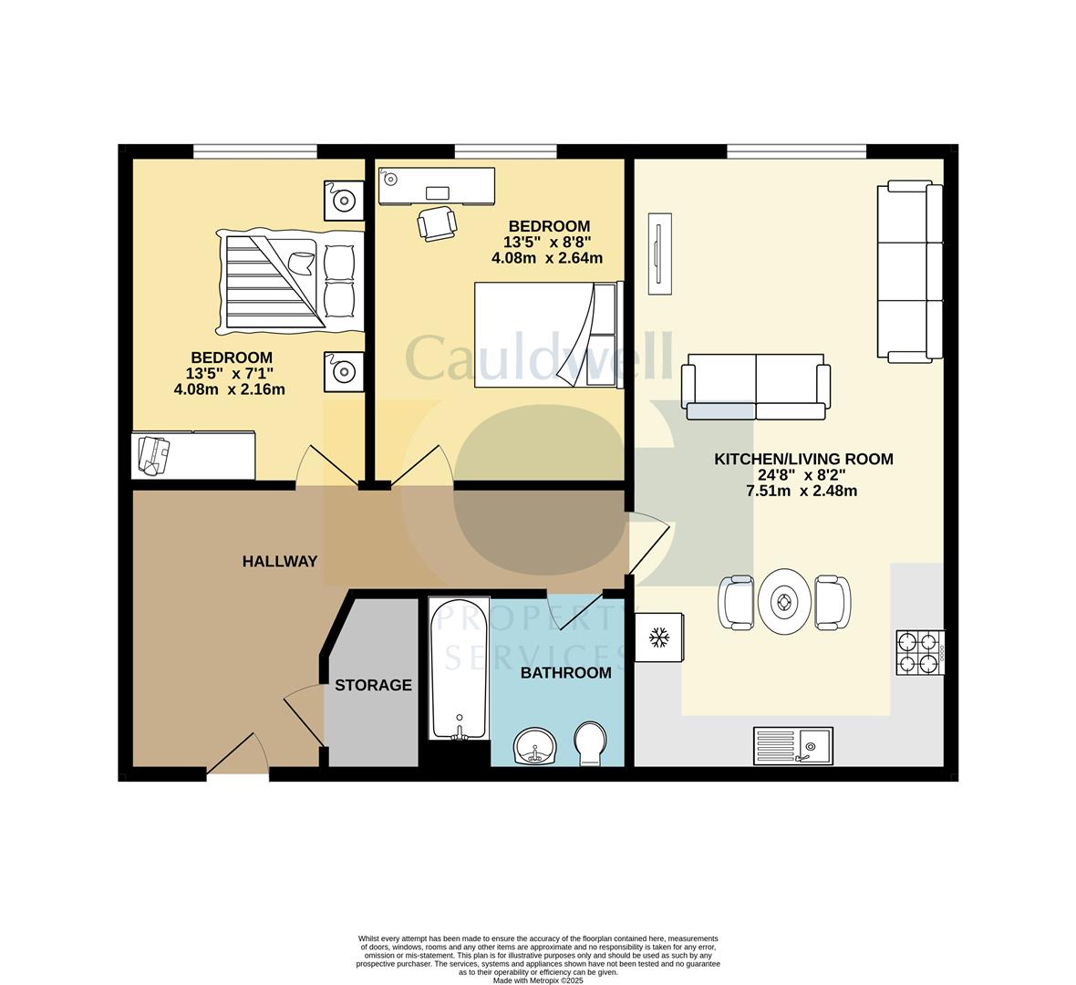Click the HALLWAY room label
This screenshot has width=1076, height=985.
coord(279,562)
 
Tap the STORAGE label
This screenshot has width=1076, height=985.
coord(373,685)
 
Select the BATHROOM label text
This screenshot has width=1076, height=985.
coord(565,673)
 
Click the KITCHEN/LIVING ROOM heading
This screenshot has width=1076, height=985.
coord(802,460)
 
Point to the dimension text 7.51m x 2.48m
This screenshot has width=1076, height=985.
coord(802,491)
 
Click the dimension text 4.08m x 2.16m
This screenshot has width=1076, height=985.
coord(229,389)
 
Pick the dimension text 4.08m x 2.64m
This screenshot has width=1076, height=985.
coord(547,258)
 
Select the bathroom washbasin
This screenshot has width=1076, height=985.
coord(534,746)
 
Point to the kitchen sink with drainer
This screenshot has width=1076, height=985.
coord(791,745)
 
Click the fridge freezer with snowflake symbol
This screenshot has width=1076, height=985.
coord(658,638)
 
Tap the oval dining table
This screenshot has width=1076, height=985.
coord(784,602)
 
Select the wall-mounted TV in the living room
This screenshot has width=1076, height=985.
coord(659,254)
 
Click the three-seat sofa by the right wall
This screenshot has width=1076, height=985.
coord(909,270)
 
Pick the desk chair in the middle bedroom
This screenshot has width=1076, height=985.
coord(437,223)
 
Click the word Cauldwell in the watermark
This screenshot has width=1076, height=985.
coord(538,358)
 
